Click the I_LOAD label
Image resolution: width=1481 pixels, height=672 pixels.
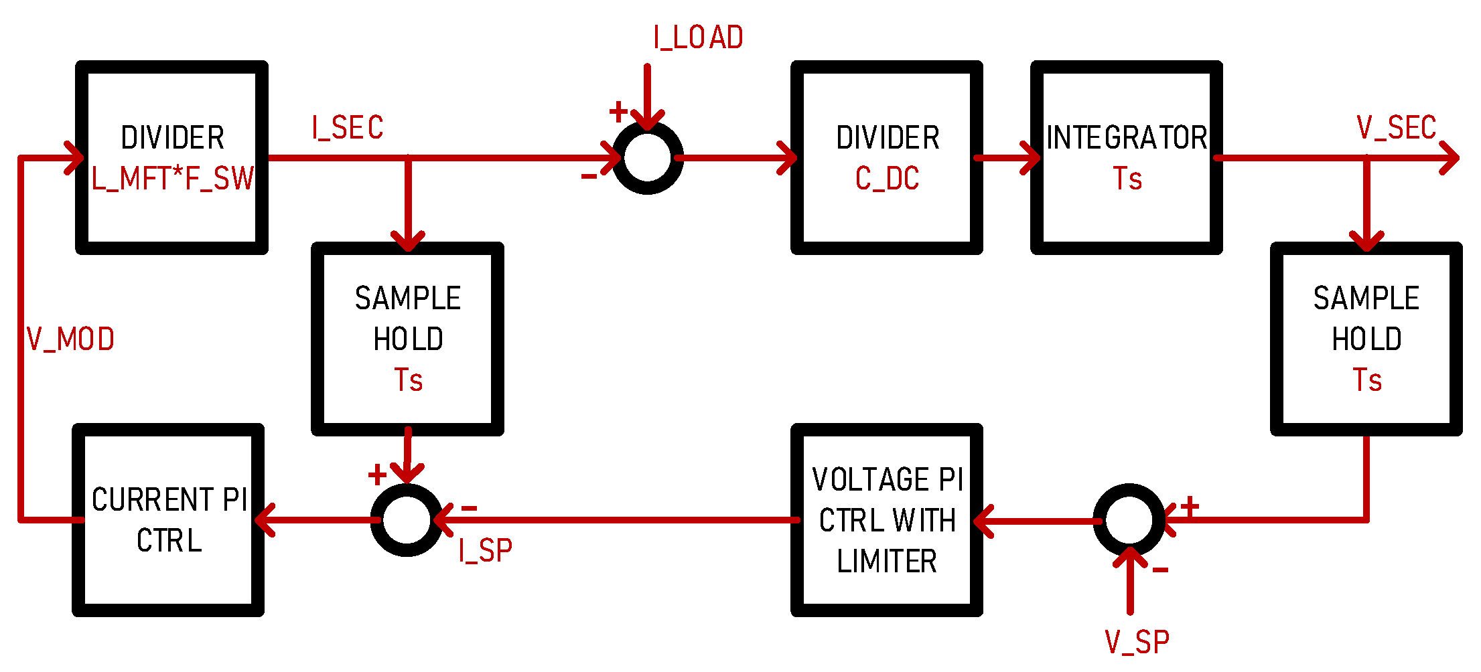coord(698,38)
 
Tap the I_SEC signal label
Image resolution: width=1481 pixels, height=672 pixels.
coord(347,128)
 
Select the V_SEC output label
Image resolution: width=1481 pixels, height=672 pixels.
coord(1396,128)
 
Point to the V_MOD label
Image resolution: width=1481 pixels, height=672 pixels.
coord(70,340)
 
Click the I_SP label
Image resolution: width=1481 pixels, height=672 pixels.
coord(485,551)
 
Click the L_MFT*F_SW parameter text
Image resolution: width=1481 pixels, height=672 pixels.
coord(172,179)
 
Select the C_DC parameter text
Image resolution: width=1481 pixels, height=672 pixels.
coord(887,179)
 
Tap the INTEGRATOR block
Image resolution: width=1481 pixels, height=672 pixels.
coord(1127,138)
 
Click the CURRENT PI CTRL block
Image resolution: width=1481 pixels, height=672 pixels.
coord(169,520)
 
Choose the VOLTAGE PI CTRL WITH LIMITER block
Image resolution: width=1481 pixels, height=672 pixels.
coord(887,520)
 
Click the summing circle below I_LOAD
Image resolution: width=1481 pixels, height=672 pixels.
coord(648,158)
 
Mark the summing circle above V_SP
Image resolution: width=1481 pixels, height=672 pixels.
coord(1129,520)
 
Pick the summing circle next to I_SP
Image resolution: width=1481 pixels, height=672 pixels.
coord(407,520)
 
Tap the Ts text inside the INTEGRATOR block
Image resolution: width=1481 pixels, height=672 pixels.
coord(1127,179)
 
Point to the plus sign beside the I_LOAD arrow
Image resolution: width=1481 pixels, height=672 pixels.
coord(618,111)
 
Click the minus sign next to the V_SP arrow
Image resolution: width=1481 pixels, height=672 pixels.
coord(1160,570)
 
